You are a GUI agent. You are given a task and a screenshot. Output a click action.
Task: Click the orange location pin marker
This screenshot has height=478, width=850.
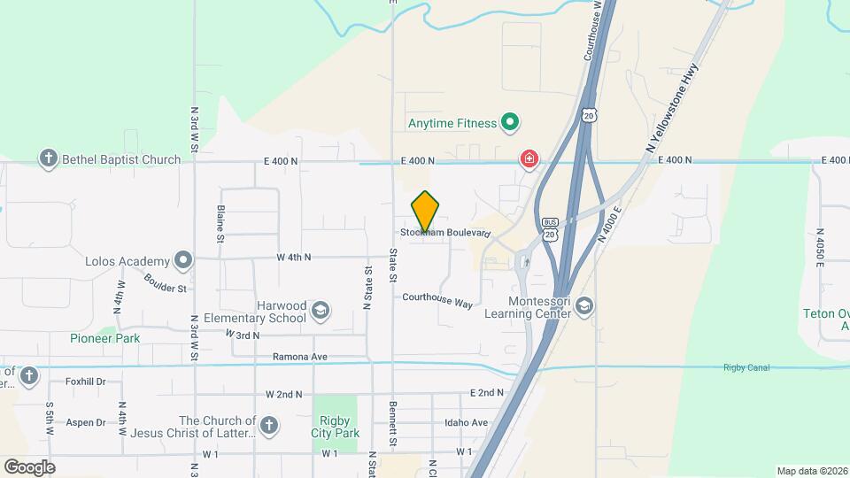426,212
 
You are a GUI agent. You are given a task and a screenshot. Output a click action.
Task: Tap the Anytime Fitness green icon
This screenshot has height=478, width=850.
509,123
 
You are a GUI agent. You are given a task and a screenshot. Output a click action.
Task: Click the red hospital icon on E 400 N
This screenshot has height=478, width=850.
529,159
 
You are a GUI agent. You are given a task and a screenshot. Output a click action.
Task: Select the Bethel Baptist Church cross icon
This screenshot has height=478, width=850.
49,159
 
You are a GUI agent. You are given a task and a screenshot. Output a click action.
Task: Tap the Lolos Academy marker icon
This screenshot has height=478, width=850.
183,261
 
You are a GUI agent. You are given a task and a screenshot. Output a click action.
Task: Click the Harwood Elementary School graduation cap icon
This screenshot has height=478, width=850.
320,311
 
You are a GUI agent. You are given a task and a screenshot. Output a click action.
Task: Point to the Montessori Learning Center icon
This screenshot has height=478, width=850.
584,306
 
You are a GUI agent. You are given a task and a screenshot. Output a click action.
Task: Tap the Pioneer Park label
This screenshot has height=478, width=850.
105,338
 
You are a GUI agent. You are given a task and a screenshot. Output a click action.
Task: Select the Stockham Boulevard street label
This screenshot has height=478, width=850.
445,233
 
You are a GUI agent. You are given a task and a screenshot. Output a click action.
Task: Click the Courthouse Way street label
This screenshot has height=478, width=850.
437,301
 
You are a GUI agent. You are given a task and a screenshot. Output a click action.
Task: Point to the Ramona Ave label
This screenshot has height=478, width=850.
301,357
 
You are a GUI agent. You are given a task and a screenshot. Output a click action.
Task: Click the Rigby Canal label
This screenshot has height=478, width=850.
746,367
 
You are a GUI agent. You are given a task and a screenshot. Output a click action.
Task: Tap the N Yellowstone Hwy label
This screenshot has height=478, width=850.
673,111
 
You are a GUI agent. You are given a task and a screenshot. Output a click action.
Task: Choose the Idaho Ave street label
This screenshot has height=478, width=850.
467,422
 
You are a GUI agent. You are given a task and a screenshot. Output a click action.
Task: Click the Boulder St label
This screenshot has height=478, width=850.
166,283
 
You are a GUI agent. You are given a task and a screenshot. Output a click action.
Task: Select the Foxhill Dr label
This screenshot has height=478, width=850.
86,382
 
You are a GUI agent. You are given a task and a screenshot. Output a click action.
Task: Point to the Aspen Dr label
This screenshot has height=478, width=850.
86,423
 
